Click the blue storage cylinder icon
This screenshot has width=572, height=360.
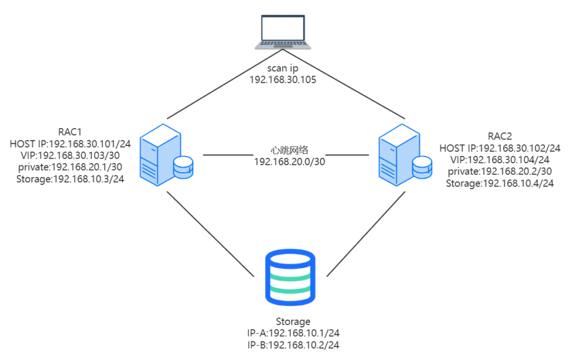point(289,278)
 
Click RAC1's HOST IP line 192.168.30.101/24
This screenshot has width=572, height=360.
point(70,144)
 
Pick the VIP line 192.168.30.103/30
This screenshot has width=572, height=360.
point(70,155)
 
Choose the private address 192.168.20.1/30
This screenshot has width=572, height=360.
point(70,167)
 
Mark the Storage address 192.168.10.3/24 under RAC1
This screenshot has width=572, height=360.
point(70,179)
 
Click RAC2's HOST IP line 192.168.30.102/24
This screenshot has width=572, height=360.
point(500,148)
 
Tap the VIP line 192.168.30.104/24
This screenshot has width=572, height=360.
point(500,160)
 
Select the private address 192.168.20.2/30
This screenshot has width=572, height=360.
point(500,172)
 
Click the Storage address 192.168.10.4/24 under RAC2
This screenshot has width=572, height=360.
point(500,183)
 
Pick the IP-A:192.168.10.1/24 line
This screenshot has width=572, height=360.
point(293,333)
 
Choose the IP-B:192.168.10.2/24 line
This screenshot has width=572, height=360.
point(293,345)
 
